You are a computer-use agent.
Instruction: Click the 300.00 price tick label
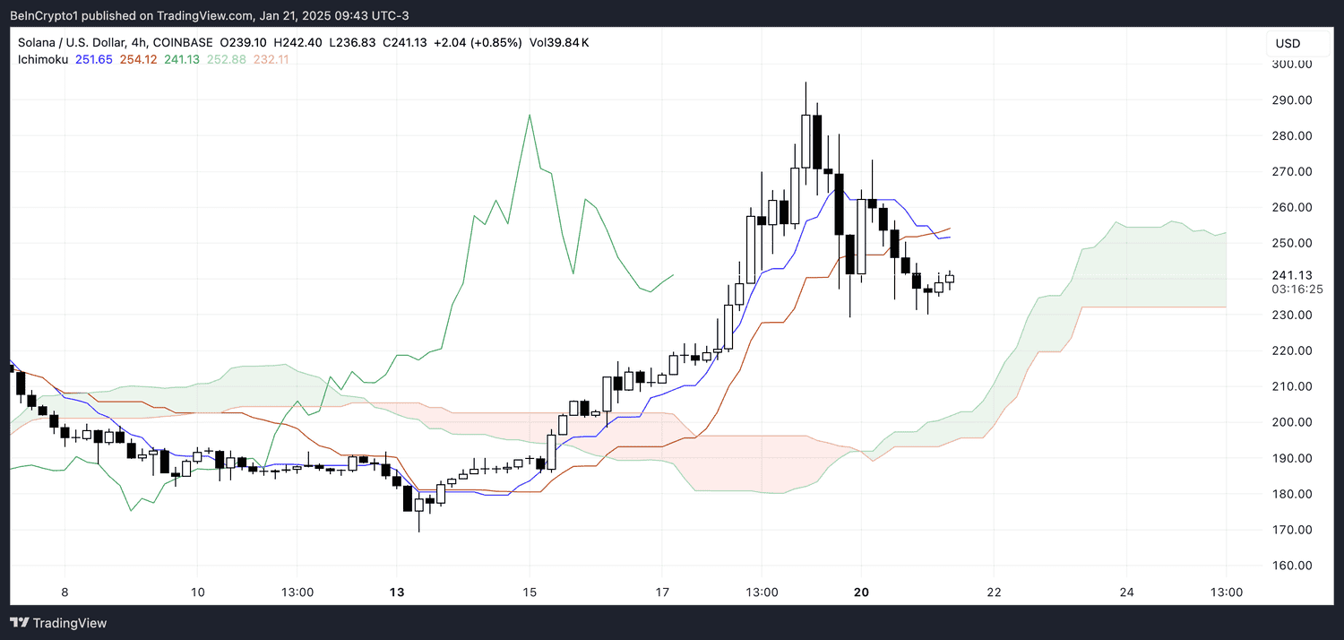[x=1291, y=64]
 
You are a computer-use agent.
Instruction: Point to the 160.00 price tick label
[x=1291, y=566]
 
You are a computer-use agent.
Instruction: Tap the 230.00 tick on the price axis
[x=1291, y=315]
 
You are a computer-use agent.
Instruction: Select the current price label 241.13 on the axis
[x=1291, y=275]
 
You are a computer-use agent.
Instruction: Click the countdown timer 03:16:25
[x=1297, y=290]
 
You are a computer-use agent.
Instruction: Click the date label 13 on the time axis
[x=397, y=592]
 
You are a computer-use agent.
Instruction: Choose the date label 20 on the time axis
[x=861, y=592]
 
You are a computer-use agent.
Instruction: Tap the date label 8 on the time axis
[x=65, y=592]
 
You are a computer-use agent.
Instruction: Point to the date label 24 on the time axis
[x=1126, y=592]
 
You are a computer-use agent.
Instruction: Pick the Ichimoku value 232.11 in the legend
[x=271, y=59]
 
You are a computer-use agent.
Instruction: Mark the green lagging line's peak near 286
[x=530, y=115]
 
